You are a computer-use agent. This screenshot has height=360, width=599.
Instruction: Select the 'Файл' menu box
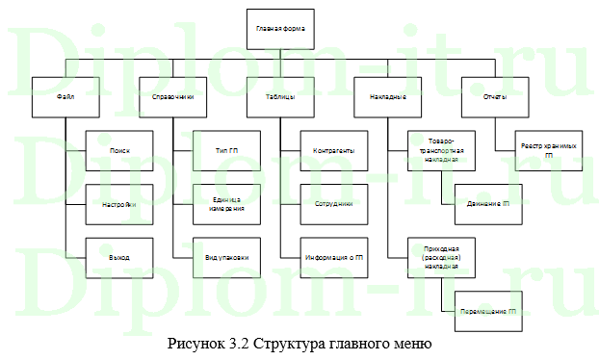tap(65, 97)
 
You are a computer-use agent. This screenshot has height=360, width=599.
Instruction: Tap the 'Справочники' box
tap(173, 97)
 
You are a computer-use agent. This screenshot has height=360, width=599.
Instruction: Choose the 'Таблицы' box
tap(280, 97)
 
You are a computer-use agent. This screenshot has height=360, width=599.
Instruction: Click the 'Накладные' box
tap(388, 97)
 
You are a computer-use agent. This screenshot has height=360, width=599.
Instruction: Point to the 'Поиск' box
tap(119, 151)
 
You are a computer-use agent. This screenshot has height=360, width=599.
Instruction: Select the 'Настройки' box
tap(119, 204)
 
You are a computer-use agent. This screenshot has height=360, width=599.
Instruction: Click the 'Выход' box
tap(119, 257)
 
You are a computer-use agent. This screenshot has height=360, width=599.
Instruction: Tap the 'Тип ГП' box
tap(227, 151)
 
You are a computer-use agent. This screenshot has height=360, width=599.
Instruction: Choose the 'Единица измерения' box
tap(227, 204)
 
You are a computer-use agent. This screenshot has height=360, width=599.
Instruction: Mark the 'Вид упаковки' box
tap(227, 257)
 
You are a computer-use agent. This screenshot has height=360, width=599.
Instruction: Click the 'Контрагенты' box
tap(334, 151)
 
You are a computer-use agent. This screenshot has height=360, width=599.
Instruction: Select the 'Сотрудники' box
tap(334, 204)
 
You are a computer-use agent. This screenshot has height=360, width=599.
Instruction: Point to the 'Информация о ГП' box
tap(334, 257)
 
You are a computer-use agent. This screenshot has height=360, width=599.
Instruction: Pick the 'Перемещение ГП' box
tap(488, 311)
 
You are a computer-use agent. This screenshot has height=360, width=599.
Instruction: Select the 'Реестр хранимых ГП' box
tap(549, 151)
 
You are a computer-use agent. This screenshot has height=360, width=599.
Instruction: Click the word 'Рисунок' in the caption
tap(194, 344)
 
